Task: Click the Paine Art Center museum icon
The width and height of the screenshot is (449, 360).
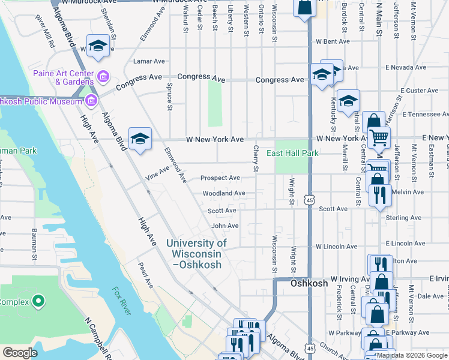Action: (x=103, y=76)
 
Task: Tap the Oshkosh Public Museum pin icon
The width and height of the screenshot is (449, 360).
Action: (x=91, y=100)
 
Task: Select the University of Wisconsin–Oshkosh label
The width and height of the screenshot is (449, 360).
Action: (x=196, y=253)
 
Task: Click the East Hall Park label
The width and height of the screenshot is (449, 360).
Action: (x=297, y=153)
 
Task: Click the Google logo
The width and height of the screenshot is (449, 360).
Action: (x=20, y=353)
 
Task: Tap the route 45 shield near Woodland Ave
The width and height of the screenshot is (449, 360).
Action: (x=309, y=198)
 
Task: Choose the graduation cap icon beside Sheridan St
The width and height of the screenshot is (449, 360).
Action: (x=98, y=47)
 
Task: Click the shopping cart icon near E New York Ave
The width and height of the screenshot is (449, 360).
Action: (x=378, y=138)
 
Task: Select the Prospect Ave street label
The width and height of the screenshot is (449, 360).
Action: (x=220, y=178)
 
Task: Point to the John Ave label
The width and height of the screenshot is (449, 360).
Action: (x=225, y=226)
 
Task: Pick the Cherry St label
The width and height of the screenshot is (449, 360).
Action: (x=256, y=158)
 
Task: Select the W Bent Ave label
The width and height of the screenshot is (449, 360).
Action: (x=333, y=42)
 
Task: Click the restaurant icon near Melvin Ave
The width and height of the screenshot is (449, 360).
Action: (x=380, y=195)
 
